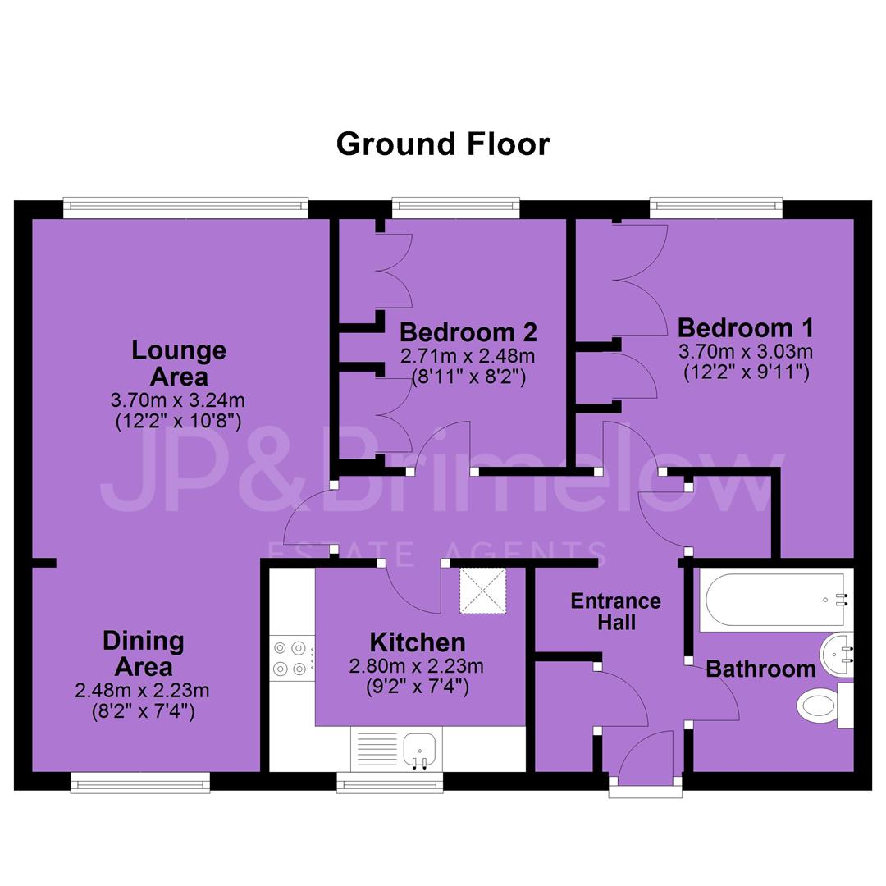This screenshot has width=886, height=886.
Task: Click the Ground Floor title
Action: [443, 144]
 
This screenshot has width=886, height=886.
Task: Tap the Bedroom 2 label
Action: [468, 332]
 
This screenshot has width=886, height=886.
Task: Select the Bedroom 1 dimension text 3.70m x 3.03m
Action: [745, 351]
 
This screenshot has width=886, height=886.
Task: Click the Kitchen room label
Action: [418, 642]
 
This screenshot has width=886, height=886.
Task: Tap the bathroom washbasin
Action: [837, 655]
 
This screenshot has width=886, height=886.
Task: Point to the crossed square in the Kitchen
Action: [482, 591]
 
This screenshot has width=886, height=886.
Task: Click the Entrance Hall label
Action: [616, 611]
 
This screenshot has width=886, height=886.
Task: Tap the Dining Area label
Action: [144, 654]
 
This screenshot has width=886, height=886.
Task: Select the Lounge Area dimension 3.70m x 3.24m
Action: [178, 400]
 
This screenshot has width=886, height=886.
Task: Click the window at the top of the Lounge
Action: [186, 208]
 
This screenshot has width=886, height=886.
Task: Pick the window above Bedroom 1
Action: [716, 208]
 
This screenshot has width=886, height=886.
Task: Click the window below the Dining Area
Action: [140, 783]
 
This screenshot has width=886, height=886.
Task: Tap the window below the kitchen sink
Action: [390, 783]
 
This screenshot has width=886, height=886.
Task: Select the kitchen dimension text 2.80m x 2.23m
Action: [417, 666]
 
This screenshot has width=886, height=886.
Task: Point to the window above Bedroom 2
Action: [456, 208]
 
